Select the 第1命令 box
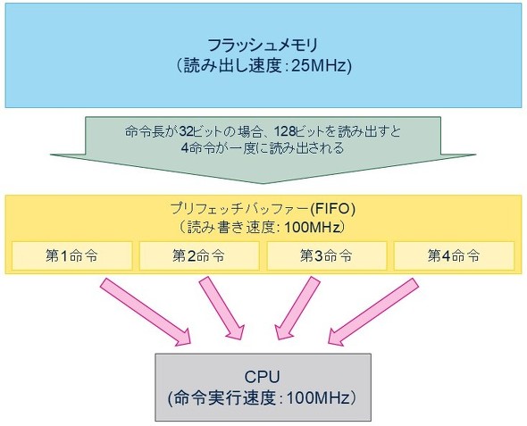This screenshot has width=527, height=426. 71,255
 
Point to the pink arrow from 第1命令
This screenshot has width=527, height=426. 147,312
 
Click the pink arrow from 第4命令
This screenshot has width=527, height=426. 375,312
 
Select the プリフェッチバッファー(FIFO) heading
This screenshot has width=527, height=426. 263,208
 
